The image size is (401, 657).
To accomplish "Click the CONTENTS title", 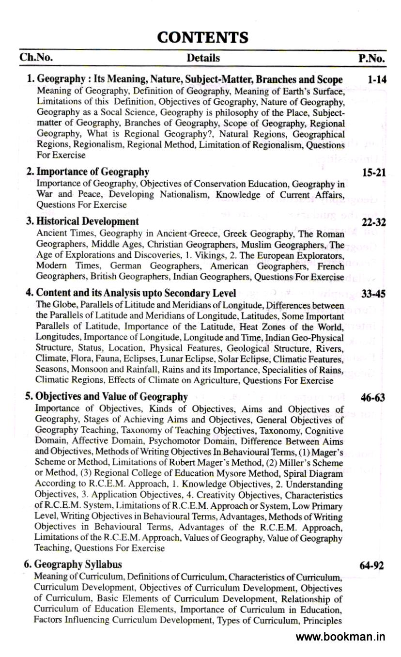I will [203, 37].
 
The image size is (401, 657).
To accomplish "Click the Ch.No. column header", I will [36, 58].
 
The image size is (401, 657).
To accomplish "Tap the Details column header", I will [203, 58].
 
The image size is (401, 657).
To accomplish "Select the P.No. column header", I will [371, 59].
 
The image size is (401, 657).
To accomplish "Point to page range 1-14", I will [376, 79].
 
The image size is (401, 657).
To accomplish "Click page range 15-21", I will [374, 172].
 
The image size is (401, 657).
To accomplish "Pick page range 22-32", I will [374, 222].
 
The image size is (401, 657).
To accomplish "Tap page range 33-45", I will [374, 294].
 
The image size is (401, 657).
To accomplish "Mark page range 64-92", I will [372, 565].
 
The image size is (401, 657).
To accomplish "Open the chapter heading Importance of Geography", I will [93, 172].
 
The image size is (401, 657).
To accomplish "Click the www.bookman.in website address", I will [340, 637].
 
